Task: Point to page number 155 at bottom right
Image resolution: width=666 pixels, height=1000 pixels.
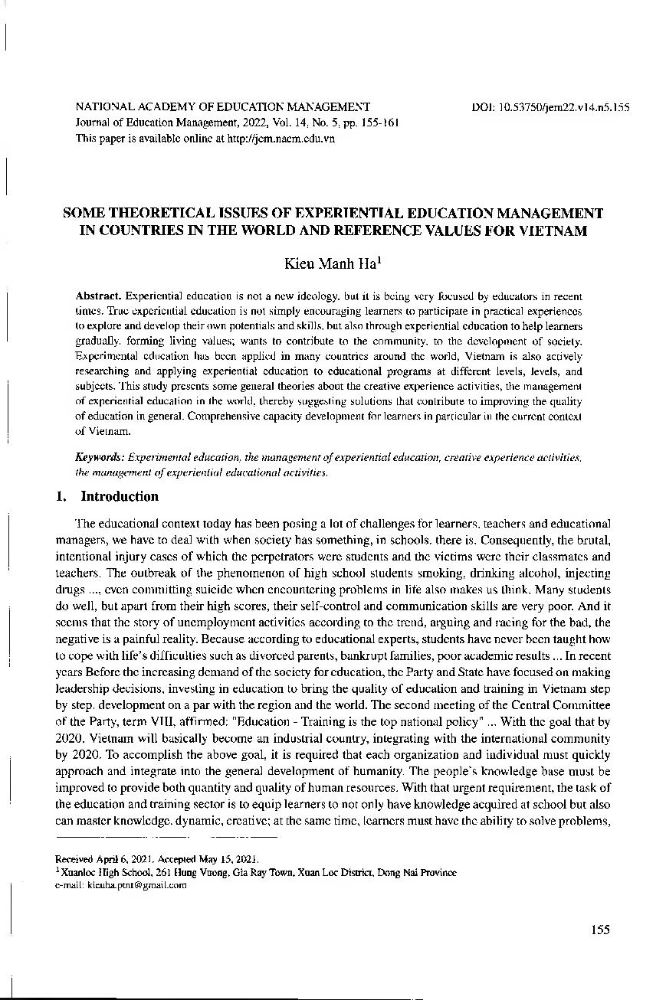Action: point(600,930)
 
